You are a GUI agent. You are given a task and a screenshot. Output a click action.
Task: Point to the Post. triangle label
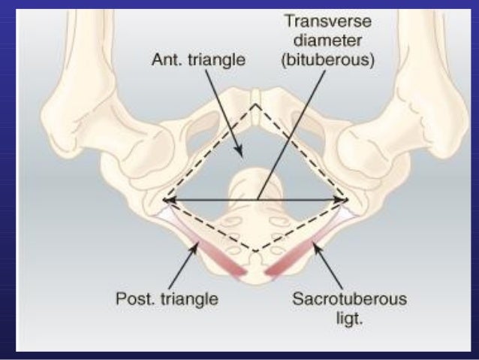167,298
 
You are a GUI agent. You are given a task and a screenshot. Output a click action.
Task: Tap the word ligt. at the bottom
349,318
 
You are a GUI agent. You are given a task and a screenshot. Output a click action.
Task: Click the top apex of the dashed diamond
256,104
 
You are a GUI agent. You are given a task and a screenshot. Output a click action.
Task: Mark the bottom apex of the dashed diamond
256,251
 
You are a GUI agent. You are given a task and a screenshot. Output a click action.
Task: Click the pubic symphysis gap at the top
256,96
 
